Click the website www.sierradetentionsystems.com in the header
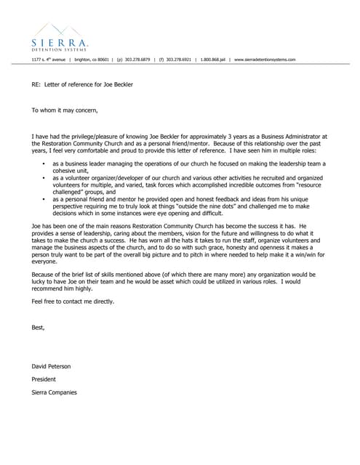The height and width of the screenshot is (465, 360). [265, 60]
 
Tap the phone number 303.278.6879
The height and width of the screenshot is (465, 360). [137, 60]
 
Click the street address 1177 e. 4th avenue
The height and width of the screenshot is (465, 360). [49, 60]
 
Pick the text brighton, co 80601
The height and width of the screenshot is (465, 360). [91, 60]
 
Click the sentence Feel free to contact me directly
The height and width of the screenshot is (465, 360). [73, 301]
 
